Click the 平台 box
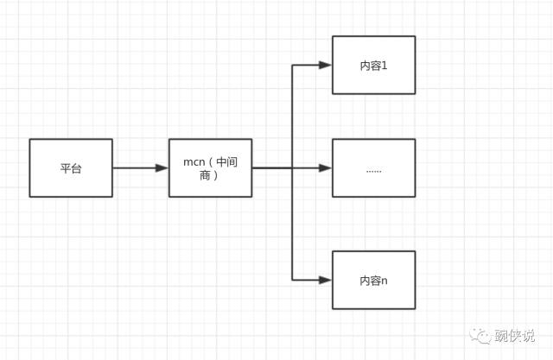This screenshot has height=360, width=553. (71, 167)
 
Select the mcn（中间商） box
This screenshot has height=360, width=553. (210, 167)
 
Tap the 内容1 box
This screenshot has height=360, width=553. (373, 65)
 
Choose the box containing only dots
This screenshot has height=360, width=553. (373, 167)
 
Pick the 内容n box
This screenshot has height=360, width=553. (373, 280)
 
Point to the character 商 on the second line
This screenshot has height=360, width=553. (201, 175)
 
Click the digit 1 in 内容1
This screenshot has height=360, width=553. (385, 66)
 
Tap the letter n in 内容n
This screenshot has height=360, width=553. (385, 281)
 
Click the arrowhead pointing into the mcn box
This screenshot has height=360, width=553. (162, 167)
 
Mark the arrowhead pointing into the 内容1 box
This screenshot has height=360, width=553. (326, 65)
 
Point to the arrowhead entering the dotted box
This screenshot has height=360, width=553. (326, 167)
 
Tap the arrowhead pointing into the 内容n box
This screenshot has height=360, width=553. (326, 280)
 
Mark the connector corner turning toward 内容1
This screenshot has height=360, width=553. (293, 65)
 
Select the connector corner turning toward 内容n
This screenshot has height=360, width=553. (293, 280)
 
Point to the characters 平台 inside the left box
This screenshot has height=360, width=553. (71, 168)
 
